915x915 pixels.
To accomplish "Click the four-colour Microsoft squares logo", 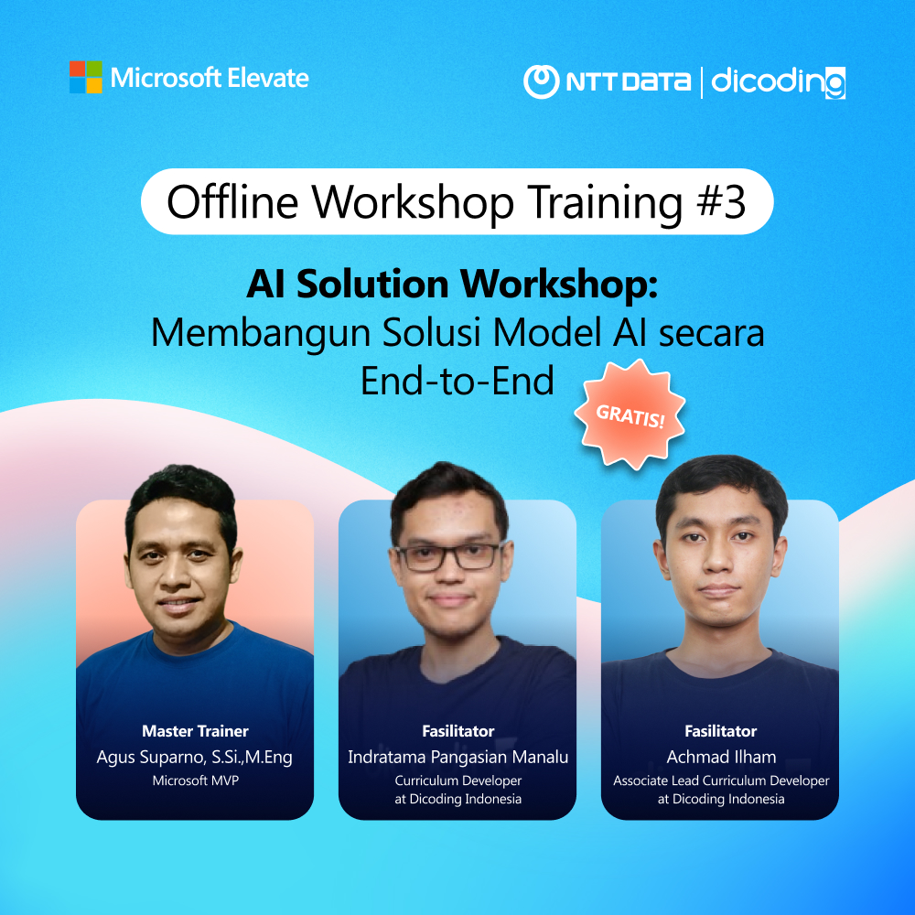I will tap(85, 77).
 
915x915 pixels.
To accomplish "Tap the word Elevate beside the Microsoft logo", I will tap(270, 78).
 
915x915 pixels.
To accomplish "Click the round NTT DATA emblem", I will tap(541, 81).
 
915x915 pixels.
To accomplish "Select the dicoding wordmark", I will tap(779, 81).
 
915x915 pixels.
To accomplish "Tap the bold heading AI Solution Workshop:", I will tap(453, 285).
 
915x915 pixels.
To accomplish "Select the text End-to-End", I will tap(457, 380).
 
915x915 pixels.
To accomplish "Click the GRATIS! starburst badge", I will tap(630, 413).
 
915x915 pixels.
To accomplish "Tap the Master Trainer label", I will tap(195, 731).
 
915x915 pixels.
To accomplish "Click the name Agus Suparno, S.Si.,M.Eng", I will tap(195, 757).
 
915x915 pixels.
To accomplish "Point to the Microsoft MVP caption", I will tap(195, 780).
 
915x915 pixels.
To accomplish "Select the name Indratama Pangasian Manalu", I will tap(457, 757).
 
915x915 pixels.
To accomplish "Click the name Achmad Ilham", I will tap(720, 757).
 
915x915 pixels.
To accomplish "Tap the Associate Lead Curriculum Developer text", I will tap(720, 780).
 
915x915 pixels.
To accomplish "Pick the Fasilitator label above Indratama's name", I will tap(457, 731).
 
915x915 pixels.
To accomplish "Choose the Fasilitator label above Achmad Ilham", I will tap(720, 731).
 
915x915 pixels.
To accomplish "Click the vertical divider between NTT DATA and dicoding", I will tap(702, 81).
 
